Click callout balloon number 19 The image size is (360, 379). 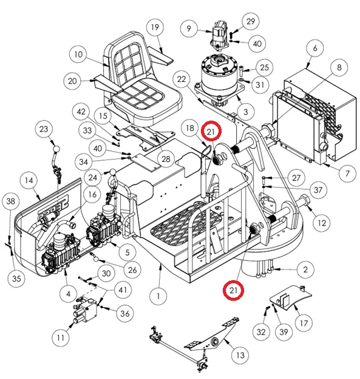click(155, 27)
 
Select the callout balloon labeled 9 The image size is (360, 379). click(189, 29)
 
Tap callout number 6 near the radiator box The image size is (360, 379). click(315, 48)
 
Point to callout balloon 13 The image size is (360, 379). click(240, 355)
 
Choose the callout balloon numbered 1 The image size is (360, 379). click(158, 296)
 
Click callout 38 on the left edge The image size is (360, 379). click(11, 201)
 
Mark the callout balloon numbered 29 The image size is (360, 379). click(251, 21)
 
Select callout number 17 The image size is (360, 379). click(304, 323)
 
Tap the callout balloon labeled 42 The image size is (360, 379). click(81, 112)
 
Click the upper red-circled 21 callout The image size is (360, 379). click(211, 131)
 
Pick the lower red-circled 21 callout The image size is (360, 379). click(233, 290)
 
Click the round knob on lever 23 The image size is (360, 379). click(56, 149)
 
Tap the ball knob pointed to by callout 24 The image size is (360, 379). click(113, 173)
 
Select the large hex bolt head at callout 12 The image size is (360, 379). click(304, 200)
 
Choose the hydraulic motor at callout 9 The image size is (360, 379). click(219, 35)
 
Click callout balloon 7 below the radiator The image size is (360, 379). click(347, 173)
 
